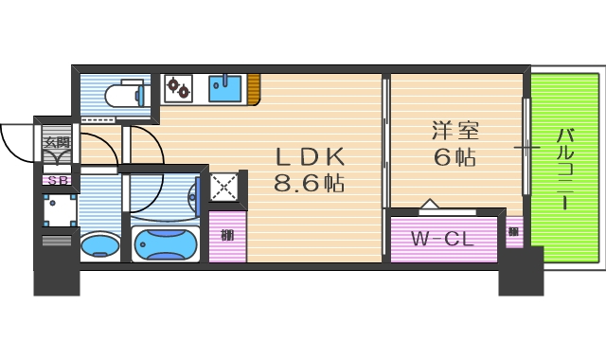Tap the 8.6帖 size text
pyautogui.click(x=310, y=183)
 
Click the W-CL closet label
pyautogui.click(x=442, y=239)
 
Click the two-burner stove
pyautogui.click(x=179, y=89)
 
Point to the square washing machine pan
pyautogui.click(x=59, y=209)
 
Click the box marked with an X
pyautogui.click(x=226, y=187)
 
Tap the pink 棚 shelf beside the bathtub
pyautogui.click(x=227, y=235)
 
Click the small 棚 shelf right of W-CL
pyautogui.click(x=513, y=231)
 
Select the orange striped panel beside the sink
pyautogui.click(x=254, y=88)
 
